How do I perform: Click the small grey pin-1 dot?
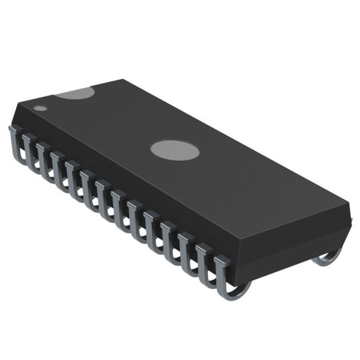[40, 108]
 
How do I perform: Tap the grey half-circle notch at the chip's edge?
[75, 92]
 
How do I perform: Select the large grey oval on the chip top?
[174, 149]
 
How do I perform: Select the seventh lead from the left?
[102, 197]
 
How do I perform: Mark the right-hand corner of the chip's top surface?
[347, 207]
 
